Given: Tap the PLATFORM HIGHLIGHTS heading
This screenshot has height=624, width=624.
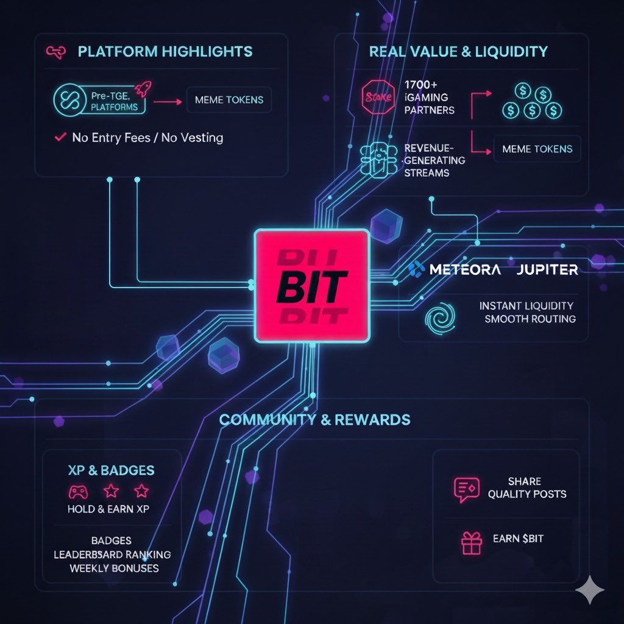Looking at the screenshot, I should click(x=165, y=51).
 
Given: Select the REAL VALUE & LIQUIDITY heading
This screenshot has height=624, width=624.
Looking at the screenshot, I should click(x=458, y=51).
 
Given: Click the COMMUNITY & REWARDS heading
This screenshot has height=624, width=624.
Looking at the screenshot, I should click(x=314, y=420).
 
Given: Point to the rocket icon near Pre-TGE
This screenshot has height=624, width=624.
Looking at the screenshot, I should click(x=142, y=90).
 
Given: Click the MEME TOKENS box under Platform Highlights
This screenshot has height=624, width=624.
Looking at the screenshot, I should click(x=229, y=100).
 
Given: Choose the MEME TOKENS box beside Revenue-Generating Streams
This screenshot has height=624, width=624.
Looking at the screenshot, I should click(x=537, y=149).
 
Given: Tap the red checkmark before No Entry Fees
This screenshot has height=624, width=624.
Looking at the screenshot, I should click(x=60, y=138).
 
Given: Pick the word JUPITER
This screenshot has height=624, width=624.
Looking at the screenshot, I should click(x=547, y=269).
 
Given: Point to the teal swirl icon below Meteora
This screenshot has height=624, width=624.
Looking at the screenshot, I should click(x=439, y=319).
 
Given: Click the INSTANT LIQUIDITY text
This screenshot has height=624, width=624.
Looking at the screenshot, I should click(x=526, y=306).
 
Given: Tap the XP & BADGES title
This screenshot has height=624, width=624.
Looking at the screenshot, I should click(x=112, y=470).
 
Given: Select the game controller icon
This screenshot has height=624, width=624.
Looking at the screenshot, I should click(x=77, y=491).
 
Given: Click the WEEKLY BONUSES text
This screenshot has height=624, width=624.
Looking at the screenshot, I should click(x=114, y=568).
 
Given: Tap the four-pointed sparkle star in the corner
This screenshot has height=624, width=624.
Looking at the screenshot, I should click(x=590, y=589).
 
